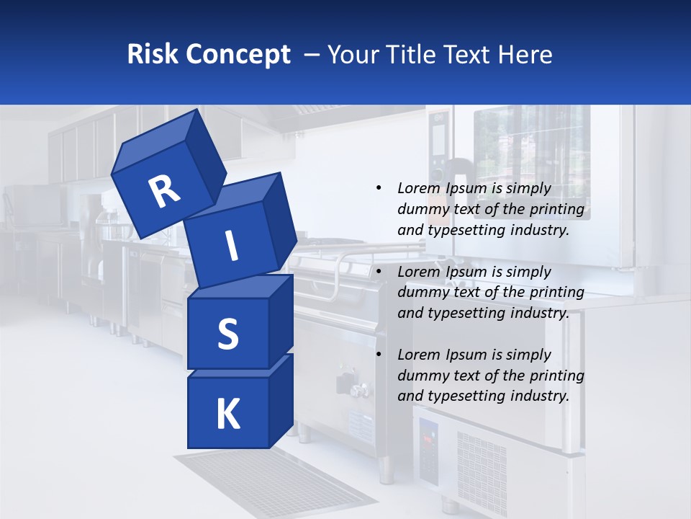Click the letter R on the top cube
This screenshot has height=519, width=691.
(x=165, y=192)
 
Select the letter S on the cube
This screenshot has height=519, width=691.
(x=227, y=334)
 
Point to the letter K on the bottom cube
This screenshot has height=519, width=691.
(x=227, y=414)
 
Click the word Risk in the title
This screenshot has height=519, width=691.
(x=153, y=54)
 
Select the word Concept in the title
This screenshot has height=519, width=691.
(x=238, y=54)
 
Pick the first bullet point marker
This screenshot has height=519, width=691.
(x=379, y=188)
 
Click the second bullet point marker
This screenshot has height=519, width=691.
(x=379, y=272)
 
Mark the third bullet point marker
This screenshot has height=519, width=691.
(x=379, y=355)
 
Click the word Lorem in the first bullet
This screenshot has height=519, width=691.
(x=418, y=188)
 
